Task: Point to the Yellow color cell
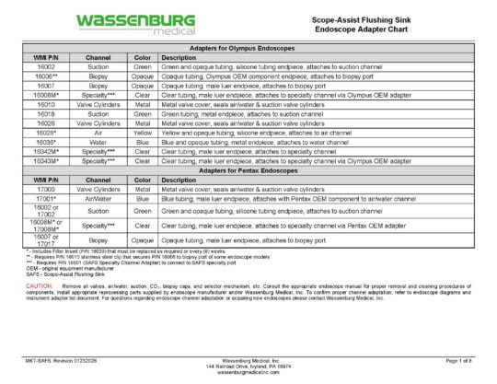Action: click(143, 132)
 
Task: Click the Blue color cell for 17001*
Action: click(143, 198)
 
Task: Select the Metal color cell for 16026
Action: click(143, 123)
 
